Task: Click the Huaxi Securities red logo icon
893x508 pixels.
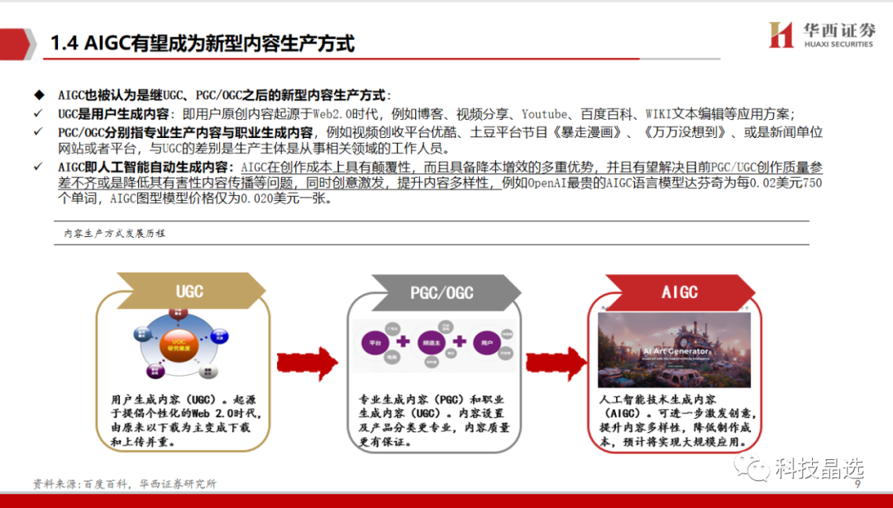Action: click(x=780, y=35)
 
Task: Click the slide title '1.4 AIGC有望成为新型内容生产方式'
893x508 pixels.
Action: click(x=203, y=43)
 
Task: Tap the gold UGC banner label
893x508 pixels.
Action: click(x=189, y=292)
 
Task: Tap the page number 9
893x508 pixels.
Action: click(x=857, y=484)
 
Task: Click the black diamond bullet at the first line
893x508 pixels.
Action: click(x=38, y=95)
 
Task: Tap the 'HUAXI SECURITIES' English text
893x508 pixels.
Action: click(x=838, y=45)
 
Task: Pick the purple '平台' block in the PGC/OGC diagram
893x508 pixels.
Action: click(x=375, y=341)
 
